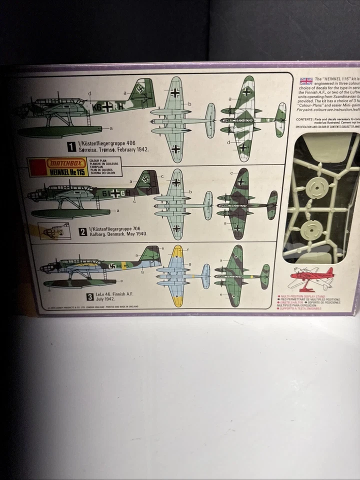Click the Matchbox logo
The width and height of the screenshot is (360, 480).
pyautogui.click(x=68, y=163)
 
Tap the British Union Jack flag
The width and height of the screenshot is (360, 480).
pyautogui.click(x=306, y=81)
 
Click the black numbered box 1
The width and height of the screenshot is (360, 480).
pyautogui.click(x=72, y=146)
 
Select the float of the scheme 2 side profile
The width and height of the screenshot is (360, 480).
pyautogui.click(x=70, y=213)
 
